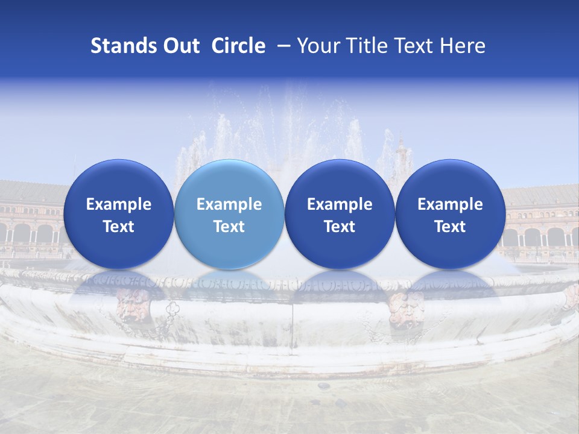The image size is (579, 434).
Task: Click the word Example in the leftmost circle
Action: pyautogui.click(x=119, y=204)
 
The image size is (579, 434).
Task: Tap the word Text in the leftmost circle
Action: pyautogui.click(x=119, y=227)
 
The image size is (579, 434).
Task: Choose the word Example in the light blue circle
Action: pyautogui.click(x=229, y=204)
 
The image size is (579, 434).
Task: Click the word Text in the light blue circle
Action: pyautogui.click(x=229, y=227)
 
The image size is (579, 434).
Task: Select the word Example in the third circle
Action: pyautogui.click(x=340, y=204)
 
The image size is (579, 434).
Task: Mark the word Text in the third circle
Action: pyautogui.click(x=340, y=227)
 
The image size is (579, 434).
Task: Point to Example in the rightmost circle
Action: pyautogui.click(x=450, y=204)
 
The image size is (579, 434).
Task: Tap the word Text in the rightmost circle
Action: pyautogui.click(x=450, y=227)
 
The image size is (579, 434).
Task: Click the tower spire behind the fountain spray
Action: pyautogui.click(x=400, y=148)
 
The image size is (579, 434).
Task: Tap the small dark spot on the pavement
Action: pyautogui.click(x=324, y=385)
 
